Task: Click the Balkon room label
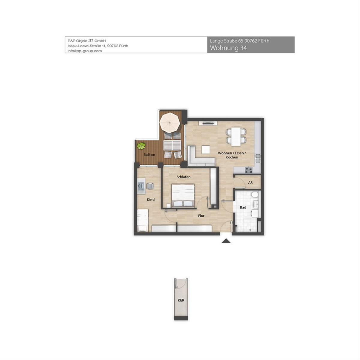(x=149, y=155)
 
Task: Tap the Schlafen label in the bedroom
(x=184, y=177)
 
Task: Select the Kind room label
(x=151, y=199)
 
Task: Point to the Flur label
(x=201, y=216)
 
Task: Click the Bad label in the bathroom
(x=243, y=207)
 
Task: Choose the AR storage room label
(x=250, y=182)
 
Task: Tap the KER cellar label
(x=181, y=300)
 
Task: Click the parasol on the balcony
(x=169, y=123)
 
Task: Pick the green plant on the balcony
(x=141, y=146)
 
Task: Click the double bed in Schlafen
(x=183, y=195)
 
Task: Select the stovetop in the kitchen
(x=249, y=170)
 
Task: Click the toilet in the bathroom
(x=255, y=195)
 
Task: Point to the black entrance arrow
(x=226, y=241)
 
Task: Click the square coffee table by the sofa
(x=206, y=150)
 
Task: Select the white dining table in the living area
(x=236, y=136)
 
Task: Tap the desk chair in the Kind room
(x=150, y=186)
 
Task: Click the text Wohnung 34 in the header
(x=228, y=48)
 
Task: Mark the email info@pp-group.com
(x=85, y=51)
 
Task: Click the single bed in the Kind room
(x=143, y=220)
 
